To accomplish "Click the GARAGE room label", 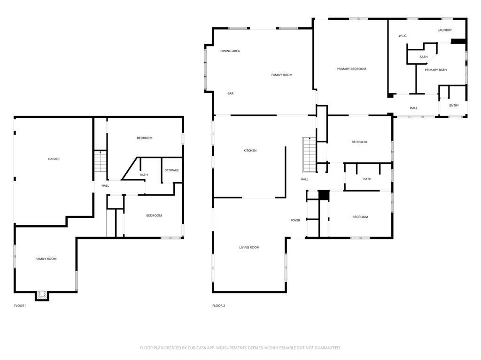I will click(54, 159).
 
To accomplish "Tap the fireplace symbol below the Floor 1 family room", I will click(42, 295).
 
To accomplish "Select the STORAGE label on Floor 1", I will click(172, 170).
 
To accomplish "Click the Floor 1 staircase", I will click(101, 162).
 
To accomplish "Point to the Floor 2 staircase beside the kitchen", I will click(309, 155).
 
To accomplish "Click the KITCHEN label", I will click(250, 151).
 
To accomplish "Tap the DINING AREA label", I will click(230, 51).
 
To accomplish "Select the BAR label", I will click(231, 94).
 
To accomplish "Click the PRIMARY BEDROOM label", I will click(351, 69).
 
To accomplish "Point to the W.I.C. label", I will click(403, 36).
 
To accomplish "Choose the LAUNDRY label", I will click(444, 31).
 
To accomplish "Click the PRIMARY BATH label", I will click(436, 70).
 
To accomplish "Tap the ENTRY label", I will click(454, 106).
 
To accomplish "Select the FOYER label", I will click(295, 220).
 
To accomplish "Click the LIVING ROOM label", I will click(249, 247).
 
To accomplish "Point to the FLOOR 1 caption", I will click(20, 306).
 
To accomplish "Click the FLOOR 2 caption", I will click(218, 306).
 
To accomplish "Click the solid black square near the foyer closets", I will click(324, 195).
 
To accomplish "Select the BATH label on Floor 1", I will click(144, 175).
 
